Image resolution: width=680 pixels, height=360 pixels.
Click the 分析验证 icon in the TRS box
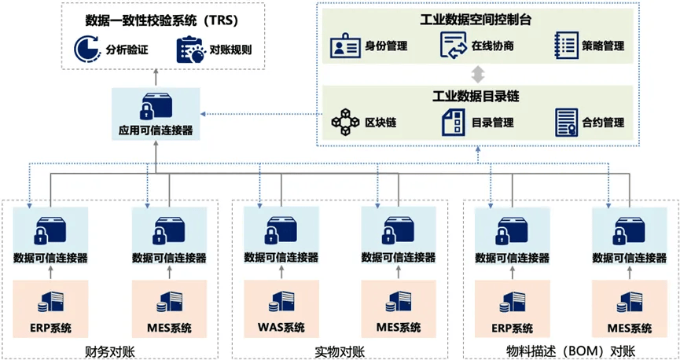click(x=86, y=50)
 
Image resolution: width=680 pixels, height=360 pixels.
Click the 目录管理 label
click(x=492, y=123)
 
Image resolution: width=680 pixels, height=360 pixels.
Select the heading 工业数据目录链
click(x=475, y=96)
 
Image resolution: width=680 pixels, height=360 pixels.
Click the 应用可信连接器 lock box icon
click(x=155, y=107)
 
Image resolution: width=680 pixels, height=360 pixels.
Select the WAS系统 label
click(x=281, y=328)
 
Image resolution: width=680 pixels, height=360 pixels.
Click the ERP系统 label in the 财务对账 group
click(x=50, y=328)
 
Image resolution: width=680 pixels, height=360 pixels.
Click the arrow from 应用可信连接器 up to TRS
click(x=155, y=77)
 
